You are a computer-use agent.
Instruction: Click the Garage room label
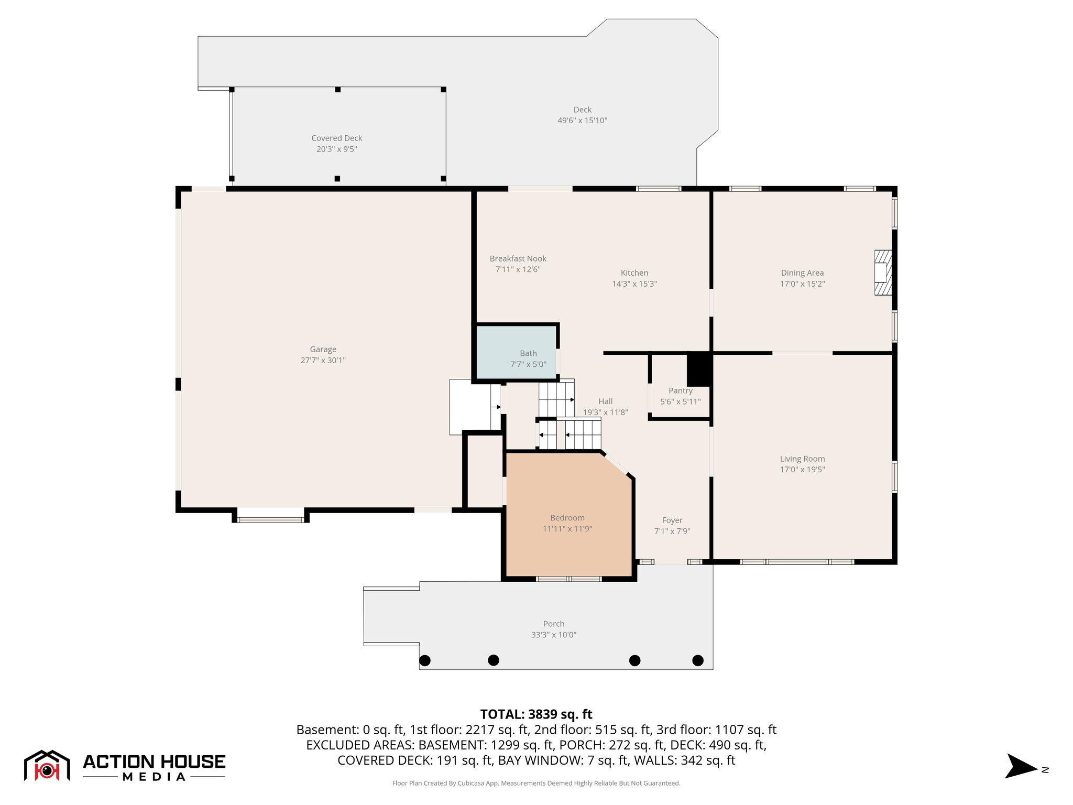click(323, 350)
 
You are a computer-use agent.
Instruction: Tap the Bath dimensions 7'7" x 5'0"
click(528, 364)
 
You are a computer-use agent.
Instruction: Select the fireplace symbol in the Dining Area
click(882, 273)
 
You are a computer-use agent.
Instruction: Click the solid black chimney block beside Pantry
click(698, 369)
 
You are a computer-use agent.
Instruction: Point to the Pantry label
click(680, 391)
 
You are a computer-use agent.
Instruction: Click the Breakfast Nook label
click(518, 259)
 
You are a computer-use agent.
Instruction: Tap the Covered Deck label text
click(336, 138)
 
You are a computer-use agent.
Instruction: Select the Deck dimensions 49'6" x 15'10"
click(582, 121)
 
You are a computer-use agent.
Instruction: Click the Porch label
click(553, 624)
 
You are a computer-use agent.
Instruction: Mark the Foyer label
click(672, 520)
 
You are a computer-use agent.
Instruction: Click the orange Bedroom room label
click(567, 518)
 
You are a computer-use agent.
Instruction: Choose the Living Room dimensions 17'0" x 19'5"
click(802, 470)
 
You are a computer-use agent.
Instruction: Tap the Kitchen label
click(634, 273)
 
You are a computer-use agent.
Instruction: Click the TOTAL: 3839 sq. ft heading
click(536, 714)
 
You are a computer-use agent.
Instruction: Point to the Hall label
click(605, 401)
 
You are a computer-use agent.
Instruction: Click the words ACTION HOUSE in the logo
click(154, 762)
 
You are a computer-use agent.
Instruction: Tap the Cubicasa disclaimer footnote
click(536, 783)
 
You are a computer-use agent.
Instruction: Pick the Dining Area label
click(802, 273)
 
